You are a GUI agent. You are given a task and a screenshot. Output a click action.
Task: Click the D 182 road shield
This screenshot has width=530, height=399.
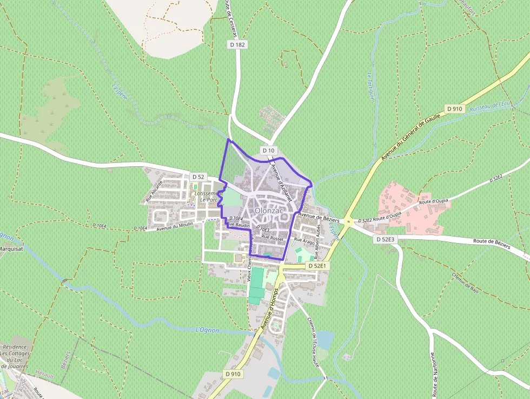(x=235, y=45)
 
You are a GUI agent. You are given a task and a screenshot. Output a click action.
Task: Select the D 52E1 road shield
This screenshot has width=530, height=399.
(x=317, y=266)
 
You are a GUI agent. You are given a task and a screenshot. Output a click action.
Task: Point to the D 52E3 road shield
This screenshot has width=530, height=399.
(x=385, y=239)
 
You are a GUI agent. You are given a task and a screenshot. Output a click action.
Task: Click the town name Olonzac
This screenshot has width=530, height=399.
(x=269, y=210)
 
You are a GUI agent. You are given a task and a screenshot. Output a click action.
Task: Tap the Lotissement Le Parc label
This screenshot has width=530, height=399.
(x=208, y=196)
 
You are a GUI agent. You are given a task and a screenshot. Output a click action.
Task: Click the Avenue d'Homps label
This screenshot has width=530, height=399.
(x=268, y=309)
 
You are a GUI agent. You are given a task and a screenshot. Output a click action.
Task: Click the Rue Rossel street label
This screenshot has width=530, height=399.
(x=272, y=238)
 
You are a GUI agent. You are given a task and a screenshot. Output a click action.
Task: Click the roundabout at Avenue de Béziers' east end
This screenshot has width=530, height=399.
(x=349, y=221)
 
